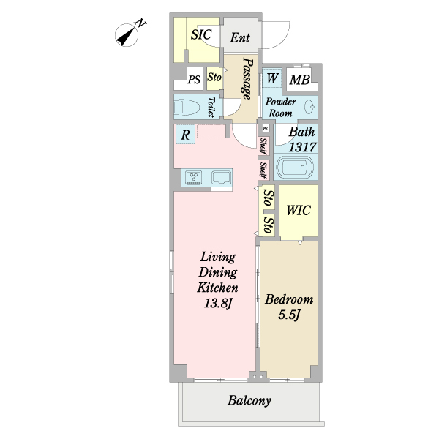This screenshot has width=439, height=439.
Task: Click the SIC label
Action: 201,34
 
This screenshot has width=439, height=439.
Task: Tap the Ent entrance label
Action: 240,38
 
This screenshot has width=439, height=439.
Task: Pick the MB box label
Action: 299,80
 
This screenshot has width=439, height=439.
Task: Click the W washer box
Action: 272,79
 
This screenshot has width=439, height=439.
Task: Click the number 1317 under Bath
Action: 302,147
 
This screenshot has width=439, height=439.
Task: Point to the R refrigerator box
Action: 186,135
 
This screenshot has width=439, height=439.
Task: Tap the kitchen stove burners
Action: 194,176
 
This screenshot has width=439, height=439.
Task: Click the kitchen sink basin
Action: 221,176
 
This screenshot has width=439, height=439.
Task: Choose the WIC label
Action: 299,211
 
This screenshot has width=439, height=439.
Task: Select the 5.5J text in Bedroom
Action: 289,315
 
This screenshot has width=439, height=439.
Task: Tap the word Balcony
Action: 249,401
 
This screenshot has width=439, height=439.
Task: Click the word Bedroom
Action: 289,299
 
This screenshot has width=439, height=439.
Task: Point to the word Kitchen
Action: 217,288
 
